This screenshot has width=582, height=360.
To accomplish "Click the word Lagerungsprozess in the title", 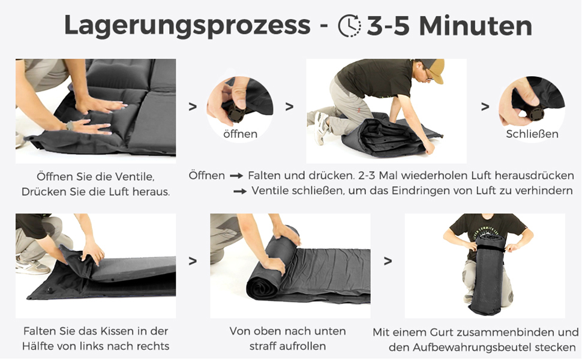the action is pyautogui.click(x=187, y=26).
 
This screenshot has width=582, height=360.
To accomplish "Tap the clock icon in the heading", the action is pyautogui.click(x=350, y=25).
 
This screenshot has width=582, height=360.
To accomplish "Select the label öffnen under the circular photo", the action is pyautogui.click(x=240, y=134).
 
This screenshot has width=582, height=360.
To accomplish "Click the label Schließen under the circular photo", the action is pyautogui.click(x=532, y=134).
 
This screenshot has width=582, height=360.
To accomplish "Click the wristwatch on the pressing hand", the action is pyautogui.click(x=70, y=125).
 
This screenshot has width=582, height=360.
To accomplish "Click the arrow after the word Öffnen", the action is pyautogui.click(x=236, y=176).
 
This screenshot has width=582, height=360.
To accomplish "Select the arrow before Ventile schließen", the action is pyautogui.click(x=240, y=191).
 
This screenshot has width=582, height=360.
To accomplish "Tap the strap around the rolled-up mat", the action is pyautogui.click(x=490, y=248).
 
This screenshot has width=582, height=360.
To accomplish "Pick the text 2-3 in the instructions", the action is pyautogui.click(x=366, y=175).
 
